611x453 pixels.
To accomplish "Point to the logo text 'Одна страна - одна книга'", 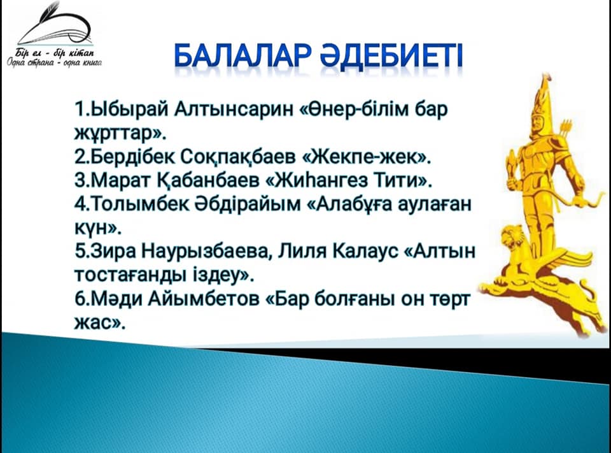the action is click(x=55, y=62).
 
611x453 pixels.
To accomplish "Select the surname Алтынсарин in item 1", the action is click(x=233, y=110).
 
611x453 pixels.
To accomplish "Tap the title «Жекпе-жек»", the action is click(x=366, y=157).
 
